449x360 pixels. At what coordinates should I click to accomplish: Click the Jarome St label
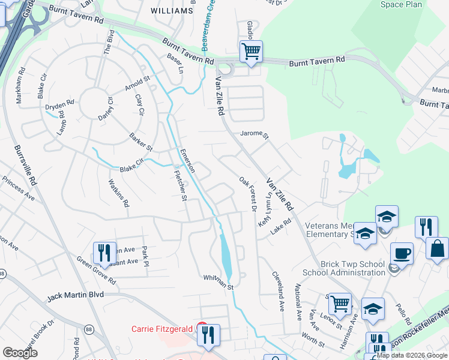253,134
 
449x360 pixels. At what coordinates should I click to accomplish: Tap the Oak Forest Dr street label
247,193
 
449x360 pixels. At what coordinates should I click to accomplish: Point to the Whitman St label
217,280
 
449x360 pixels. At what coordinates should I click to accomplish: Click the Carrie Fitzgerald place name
161,329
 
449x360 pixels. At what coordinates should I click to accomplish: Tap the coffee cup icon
402,253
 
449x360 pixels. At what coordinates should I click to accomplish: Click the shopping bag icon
437,248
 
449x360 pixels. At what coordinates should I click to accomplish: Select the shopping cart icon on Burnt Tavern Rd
251,51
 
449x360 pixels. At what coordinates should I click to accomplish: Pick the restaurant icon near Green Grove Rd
104,253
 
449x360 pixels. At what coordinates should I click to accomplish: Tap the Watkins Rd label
118,193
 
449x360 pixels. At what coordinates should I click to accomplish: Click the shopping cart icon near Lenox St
340,304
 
